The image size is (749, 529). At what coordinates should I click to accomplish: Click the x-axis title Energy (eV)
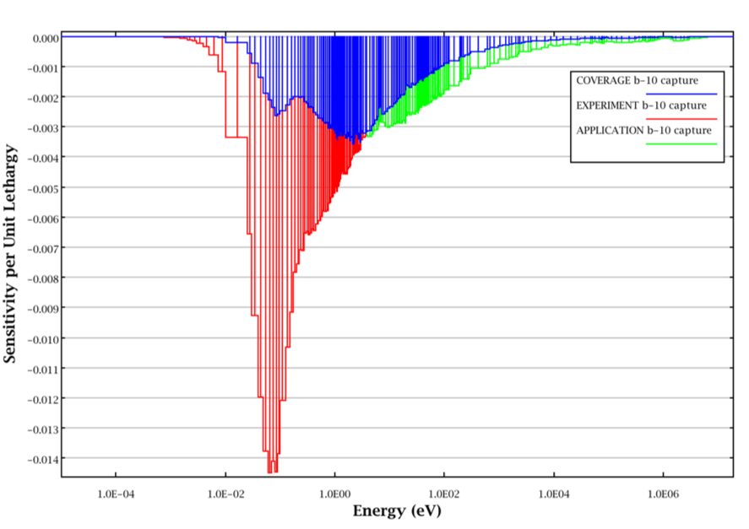(x=396, y=511)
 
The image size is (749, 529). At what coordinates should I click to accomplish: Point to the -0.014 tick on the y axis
(x=41, y=458)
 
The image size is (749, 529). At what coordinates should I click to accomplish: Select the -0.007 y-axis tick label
(x=41, y=248)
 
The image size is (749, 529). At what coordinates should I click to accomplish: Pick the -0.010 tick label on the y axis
(x=41, y=338)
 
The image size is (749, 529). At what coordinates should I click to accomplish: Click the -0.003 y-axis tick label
(x=41, y=127)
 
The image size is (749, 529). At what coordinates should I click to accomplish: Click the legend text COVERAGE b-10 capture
(x=638, y=81)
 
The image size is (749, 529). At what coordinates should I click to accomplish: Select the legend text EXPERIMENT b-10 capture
(x=640, y=105)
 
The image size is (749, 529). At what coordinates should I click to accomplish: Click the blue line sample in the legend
(x=681, y=94)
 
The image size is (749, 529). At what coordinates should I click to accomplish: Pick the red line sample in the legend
(x=681, y=119)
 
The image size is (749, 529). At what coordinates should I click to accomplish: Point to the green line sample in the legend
(x=681, y=144)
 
